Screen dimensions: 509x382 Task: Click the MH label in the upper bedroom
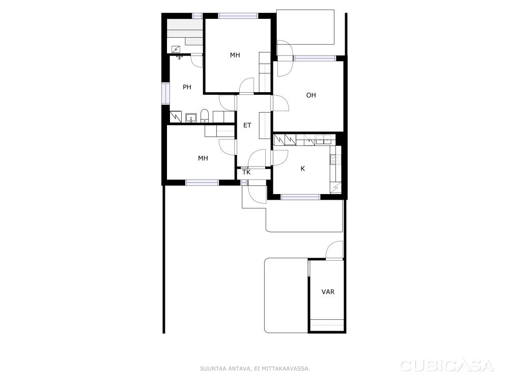tap(235, 55)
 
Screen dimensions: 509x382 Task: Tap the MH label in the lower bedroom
tap(203, 158)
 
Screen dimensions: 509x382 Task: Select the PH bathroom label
tap(187, 87)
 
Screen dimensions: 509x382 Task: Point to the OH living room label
tap(311, 95)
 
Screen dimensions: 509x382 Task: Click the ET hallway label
tap(247, 125)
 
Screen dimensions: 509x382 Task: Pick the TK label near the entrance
tap(247, 172)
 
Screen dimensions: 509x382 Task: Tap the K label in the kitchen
tap(303, 169)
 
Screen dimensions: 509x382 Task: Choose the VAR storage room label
tap(328, 292)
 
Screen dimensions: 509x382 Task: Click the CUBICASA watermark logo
tap(447, 365)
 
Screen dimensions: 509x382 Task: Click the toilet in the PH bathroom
tap(205, 116)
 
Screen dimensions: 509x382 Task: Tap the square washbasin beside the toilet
tap(191, 118)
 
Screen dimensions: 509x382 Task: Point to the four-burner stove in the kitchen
tap(335, 159)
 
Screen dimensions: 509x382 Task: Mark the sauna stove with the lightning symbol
tap(176, 49)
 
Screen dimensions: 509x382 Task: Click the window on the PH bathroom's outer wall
tap(166, 94)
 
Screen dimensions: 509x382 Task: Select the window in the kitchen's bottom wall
tap(300, 197)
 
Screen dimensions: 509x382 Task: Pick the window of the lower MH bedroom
tap(202, 182)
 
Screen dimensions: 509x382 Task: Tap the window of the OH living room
tap(314, 59)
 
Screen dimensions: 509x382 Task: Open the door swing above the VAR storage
tap(334, 250)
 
